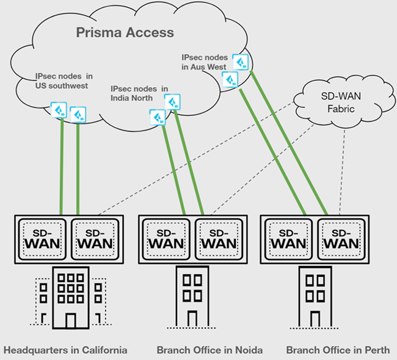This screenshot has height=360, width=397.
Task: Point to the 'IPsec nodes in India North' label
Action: [139, 93]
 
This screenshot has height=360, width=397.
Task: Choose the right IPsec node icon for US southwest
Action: [78, 114]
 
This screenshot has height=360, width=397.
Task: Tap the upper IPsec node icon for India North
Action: [172, 101]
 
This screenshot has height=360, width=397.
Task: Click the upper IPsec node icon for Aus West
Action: [243, 62]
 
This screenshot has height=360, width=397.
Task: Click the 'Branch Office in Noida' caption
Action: [209, 350]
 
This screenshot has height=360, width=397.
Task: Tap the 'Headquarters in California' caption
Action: [65, 350]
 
